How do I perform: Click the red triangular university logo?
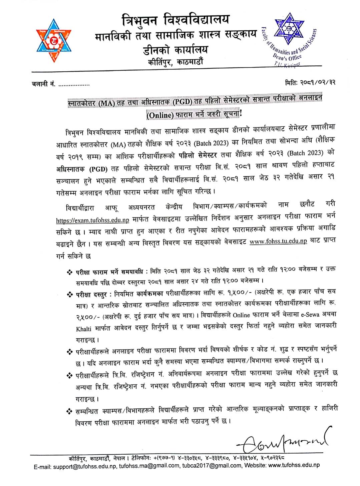[54, 40]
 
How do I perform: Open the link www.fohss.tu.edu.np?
[278, 241]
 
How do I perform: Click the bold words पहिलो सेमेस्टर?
[198, 155]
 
